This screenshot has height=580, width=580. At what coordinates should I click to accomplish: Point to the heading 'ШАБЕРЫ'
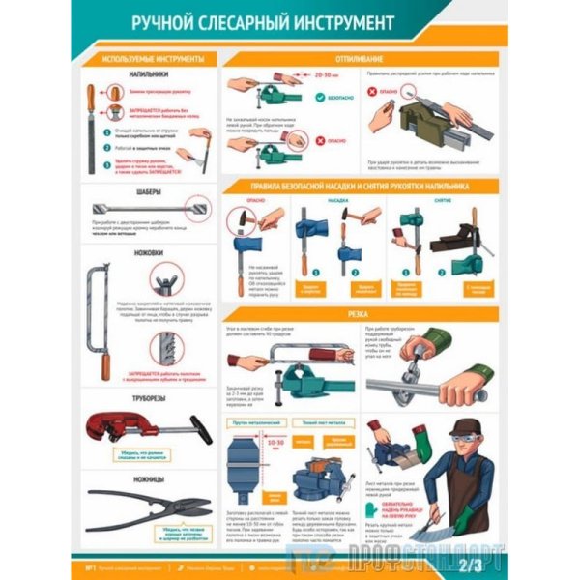(147, 190)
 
